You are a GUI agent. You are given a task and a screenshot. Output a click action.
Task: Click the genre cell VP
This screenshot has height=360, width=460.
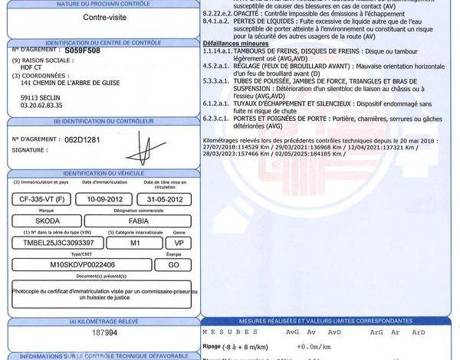click(x=178, y=243)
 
